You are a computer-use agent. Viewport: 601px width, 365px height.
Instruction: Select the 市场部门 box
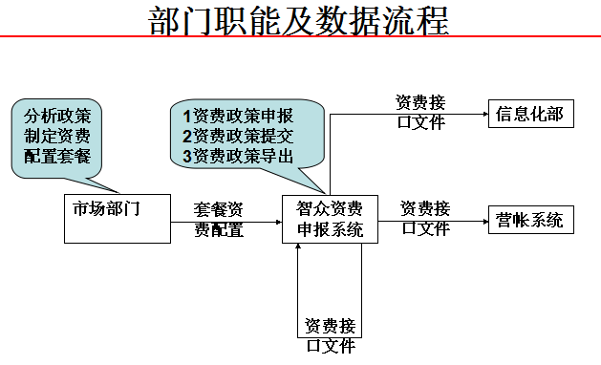click(113, 219)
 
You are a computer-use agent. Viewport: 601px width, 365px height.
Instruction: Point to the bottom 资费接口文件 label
click(330, 336)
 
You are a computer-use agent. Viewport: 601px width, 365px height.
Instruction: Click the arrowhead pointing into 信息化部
click(483, 116)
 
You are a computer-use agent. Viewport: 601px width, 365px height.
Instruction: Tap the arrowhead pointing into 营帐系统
click(483, 220)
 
